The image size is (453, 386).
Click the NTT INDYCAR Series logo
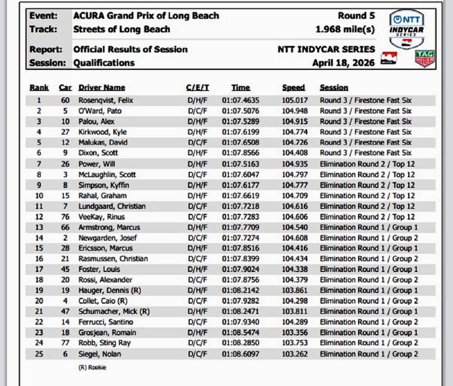click(406, 29)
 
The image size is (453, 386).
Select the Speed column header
click(294, 88)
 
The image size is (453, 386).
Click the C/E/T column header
click(197, 88)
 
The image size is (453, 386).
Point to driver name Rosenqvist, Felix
click(106, 100)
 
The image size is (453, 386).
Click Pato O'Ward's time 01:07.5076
click(241, 111)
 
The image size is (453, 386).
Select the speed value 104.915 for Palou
click(295, 122)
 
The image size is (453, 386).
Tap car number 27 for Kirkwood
click(65, 132)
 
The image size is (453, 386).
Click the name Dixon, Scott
click(98, 153)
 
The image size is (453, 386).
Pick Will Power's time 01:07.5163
click(241, 164)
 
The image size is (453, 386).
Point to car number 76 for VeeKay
click(65, 217)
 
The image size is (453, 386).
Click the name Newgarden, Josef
click(107, 238)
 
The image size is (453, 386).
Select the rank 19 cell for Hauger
click(38, 290)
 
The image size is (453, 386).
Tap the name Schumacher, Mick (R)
click(114, 311)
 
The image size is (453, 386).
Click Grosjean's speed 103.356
click(295, 332)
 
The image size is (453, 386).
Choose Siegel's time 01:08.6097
click(241, 354)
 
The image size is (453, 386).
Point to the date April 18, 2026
click(343, 63)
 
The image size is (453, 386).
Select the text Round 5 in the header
click(356, 16)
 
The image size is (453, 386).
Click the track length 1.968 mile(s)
click(345, 30)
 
